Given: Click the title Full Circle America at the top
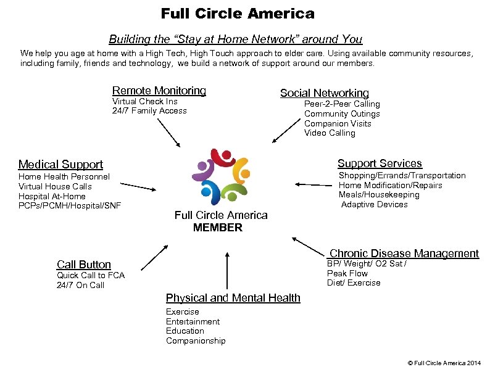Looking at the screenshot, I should click(x=238, y=13).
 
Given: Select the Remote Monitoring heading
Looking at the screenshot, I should click(x=159, y=91).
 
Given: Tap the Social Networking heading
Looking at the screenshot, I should click(x=324, y=93).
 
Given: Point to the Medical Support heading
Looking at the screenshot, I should click(x=60, y=164).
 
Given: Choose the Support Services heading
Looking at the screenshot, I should click(x=380, y=163).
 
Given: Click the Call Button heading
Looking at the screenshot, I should click(x=83, y=265).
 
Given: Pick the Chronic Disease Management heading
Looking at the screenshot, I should click(x=404, y=254).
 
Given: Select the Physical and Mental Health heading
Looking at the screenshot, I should click(x=233, y=298).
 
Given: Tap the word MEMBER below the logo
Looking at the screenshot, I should click(x=217, y=228).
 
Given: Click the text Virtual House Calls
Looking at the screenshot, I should click(x=55, y=186).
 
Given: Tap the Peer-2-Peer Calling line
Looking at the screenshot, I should click(x=342, y=104).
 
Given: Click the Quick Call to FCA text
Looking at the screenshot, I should click(x=91, y=276).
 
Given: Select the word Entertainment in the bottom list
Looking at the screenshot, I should click(x=193, y=321).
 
